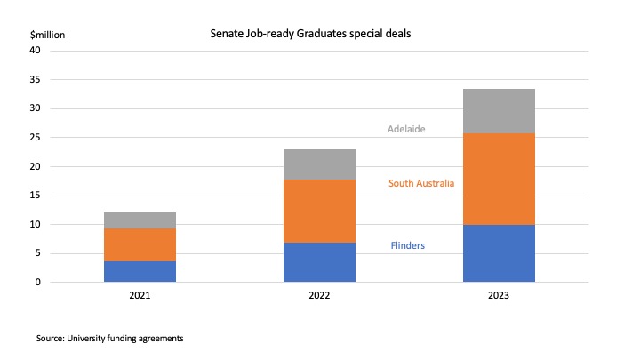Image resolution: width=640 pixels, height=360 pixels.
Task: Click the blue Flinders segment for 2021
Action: (140, 271)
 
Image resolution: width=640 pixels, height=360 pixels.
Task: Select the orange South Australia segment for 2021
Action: (140, 244)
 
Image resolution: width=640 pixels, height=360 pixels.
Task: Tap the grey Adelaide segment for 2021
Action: (140, 220)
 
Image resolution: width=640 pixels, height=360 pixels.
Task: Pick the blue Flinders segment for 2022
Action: (319, 262)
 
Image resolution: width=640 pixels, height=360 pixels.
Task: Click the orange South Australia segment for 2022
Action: (319, 211)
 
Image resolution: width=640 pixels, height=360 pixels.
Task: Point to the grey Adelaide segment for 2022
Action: (319, 164)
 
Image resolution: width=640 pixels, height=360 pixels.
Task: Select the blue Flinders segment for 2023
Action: (499, 253)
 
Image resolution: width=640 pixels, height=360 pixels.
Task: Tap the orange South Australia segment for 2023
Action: (499, 179)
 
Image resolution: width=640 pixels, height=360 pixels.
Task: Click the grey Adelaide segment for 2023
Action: (499, 111)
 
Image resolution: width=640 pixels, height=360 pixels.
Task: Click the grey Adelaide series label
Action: (407, 129)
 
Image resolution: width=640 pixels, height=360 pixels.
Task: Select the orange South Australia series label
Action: (422, 184)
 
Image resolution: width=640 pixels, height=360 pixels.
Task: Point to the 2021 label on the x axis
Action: (140, 296)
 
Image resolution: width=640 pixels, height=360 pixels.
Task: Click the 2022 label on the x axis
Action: (319, 296)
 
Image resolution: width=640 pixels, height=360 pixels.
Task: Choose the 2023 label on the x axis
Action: (499, 296)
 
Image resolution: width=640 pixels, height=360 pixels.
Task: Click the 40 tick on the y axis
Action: (36, 51)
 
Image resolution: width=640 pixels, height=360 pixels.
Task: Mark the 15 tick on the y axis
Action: (36, 196)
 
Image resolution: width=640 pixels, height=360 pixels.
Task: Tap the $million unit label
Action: (47, 35)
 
